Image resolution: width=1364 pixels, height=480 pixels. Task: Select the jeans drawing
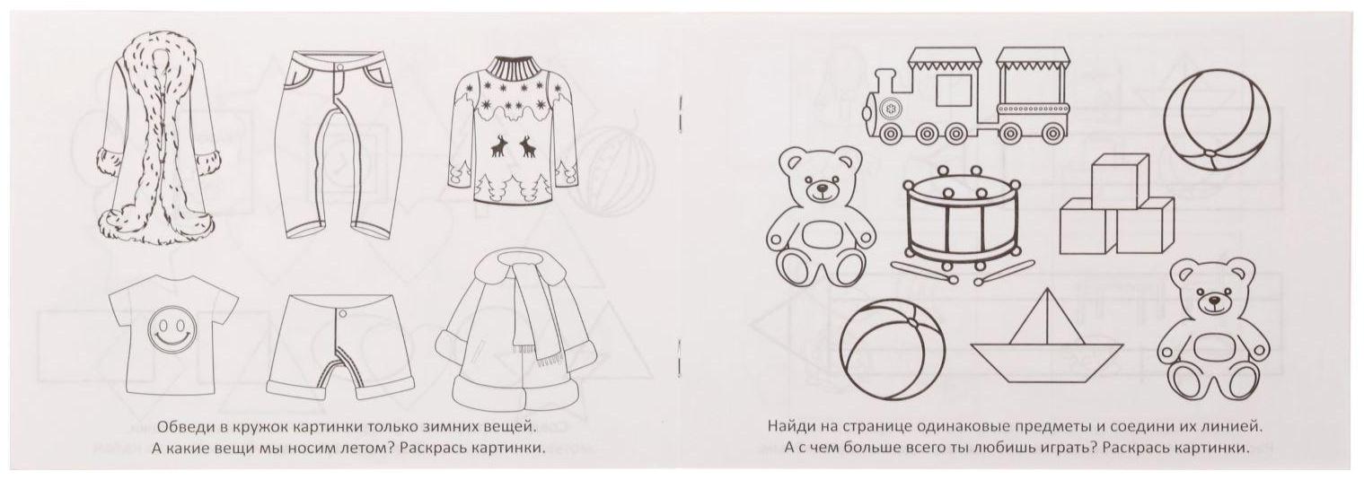[336, 146]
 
